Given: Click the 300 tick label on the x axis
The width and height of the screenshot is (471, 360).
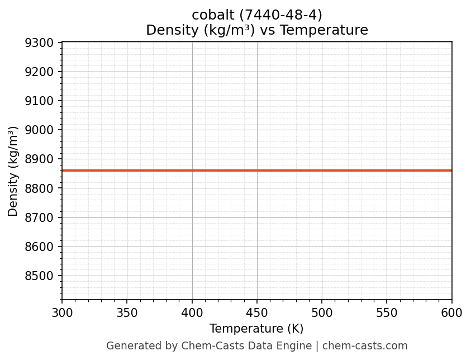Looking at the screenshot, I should coord(62,313).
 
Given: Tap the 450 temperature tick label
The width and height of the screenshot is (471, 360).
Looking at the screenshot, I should coord(257,313).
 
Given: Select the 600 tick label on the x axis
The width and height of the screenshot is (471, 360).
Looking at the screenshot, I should coord(451,313).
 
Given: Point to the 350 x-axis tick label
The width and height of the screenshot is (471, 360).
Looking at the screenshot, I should coord(127,313).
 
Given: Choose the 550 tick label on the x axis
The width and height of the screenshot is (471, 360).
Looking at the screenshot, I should coord(387,313).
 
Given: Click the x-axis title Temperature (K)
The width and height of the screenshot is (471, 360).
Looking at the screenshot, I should coord(256,329).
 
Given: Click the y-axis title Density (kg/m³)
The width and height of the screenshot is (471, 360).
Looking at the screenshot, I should coord(13,171).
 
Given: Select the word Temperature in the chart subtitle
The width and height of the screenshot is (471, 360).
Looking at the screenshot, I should coord(324,30).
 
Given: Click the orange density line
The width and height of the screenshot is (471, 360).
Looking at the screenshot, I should coord(257,170).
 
